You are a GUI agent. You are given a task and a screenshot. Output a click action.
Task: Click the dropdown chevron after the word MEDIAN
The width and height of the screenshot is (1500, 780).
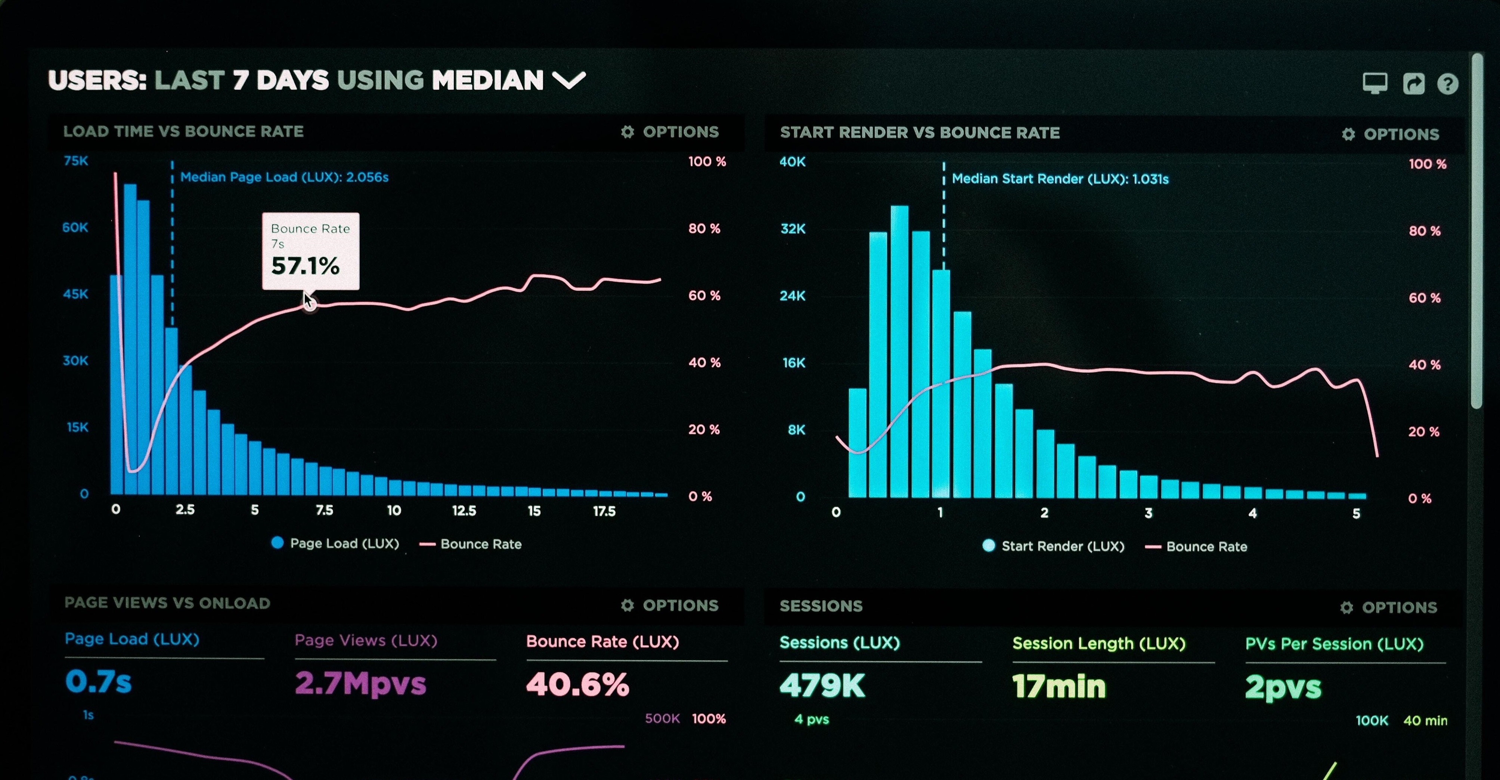pos(568,80)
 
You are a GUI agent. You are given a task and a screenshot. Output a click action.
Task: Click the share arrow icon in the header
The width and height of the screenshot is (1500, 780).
pos(1414,83)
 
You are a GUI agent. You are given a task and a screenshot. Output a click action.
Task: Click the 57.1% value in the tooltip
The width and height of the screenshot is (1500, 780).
pos(305,266)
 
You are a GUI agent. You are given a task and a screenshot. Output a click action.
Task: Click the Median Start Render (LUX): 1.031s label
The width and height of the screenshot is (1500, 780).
pos(1060,179)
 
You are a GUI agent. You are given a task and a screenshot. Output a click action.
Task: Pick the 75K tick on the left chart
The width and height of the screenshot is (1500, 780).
pos(76,161)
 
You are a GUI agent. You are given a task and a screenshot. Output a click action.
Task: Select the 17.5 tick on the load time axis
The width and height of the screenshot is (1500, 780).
pos(604,511)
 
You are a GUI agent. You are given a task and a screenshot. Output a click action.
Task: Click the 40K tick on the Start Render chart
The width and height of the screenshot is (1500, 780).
pos(793,162)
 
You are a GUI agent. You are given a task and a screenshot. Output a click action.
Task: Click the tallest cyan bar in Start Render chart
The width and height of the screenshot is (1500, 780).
pos(899,350)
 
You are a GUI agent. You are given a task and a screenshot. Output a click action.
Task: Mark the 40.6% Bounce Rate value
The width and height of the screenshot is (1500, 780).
pos(578,684)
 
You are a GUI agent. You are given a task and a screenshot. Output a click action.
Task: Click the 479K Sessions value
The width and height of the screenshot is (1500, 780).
pos(822,685)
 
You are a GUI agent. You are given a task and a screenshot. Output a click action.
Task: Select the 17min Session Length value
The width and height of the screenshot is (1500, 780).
pos(1059,686)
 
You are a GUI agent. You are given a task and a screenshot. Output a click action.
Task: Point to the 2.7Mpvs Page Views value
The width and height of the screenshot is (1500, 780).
pos(360,683)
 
